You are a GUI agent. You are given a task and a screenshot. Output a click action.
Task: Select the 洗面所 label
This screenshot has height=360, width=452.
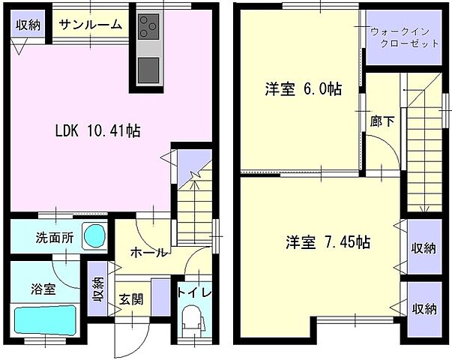(54, 238)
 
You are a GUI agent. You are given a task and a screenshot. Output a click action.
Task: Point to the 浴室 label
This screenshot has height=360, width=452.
(43, 289)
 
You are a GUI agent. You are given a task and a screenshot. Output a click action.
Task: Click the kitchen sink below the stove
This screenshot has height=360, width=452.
(148, 68)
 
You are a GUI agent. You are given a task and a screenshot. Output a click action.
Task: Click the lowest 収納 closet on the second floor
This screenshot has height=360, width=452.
(424, 307)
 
